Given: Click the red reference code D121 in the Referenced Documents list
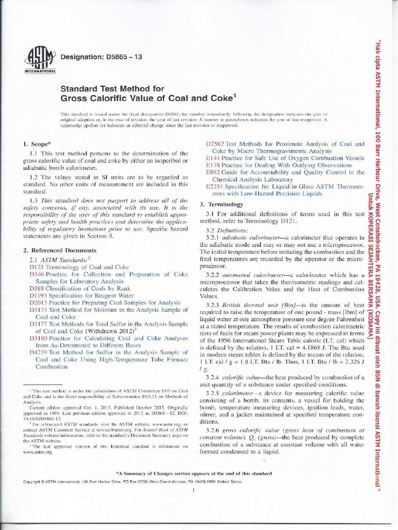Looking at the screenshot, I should tap(36, 267).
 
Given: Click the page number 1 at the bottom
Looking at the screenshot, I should tap(192, 491).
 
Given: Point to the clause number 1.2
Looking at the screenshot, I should tap(35, 177).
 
